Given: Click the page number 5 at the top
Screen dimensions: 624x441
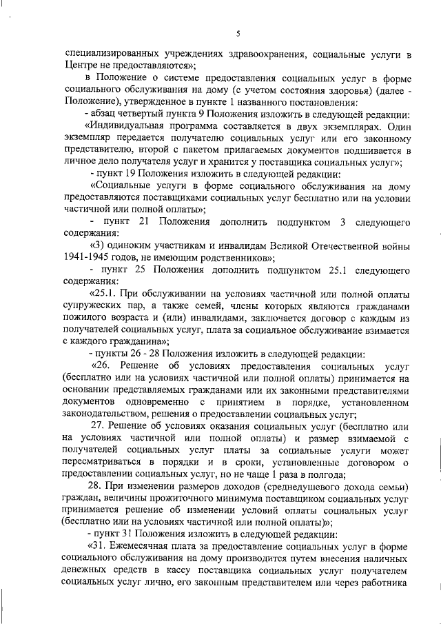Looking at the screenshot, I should click(236, 34).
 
